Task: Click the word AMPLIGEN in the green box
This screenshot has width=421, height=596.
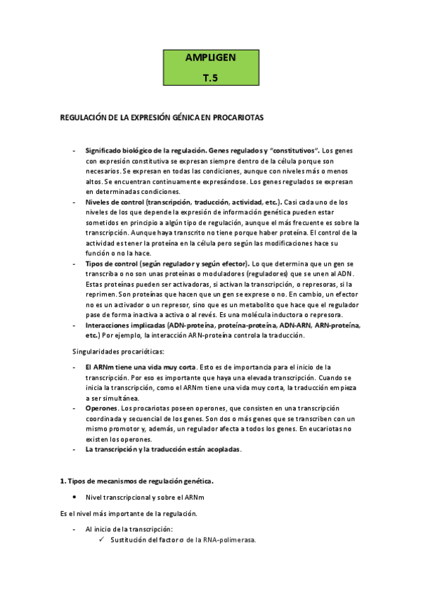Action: point(210,57)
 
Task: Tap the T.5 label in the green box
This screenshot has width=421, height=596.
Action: point(210,79)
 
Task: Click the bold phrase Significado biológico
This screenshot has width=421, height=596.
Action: point(118,150)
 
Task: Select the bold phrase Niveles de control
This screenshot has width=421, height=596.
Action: point(110,202)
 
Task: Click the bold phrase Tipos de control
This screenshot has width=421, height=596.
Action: point(106,263)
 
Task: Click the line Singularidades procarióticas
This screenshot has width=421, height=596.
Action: point(119,351)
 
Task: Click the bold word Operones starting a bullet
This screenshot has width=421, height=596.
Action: point(102,408)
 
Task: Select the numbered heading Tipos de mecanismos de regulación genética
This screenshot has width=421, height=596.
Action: point(141,481)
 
